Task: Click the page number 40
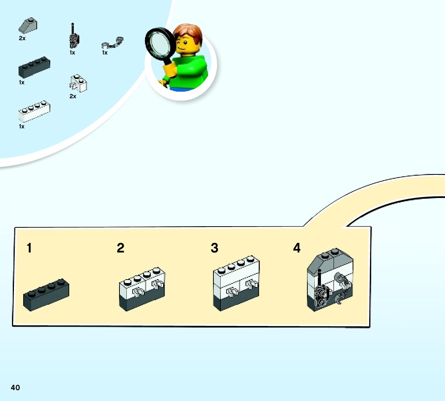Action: click(x=15, y=387)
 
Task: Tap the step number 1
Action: click(x=29, y=248)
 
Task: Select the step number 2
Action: click(x=121, y=248)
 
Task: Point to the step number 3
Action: click(x=215, y=248)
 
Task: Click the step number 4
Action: click(x=297, y=247)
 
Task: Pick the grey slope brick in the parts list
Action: click(x=28, y=26)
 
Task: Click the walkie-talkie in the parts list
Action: click(x=73, y=37)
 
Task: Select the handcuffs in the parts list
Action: click(x=113, y=42)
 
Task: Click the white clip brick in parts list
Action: click(x=78, y=83)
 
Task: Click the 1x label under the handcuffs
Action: click(x=105, y=53)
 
